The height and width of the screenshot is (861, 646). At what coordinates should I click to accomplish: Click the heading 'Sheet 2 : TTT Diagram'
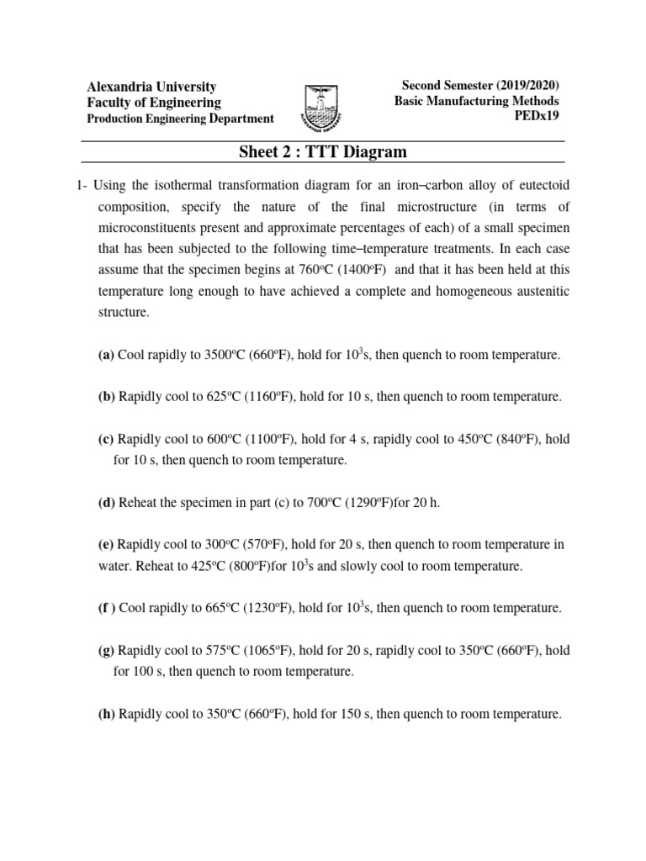(x=322, y=152)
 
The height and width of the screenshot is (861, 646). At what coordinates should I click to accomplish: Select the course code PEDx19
(x=537, y=116)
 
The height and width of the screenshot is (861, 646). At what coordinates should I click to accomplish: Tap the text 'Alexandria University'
(x=152, y=87)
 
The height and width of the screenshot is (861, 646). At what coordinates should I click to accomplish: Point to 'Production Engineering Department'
(x=181, y=119)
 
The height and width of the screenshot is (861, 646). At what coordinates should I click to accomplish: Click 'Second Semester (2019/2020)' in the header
(x=480, y=86)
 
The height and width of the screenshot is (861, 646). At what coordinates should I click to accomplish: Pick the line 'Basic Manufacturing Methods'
(x=477, y=101)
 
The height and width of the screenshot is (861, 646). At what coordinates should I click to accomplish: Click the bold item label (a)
(x=107, y=356)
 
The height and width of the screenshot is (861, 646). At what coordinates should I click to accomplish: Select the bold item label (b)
(x=107, y=396)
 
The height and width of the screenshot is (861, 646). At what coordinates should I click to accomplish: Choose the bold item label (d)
(x=107, y=503)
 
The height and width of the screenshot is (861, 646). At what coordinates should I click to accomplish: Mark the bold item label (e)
(x=107, y=545)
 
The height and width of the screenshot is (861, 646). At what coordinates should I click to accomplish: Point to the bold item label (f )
(x=108, y=608)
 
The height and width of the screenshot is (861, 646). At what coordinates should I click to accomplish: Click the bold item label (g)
(x=107, y=651)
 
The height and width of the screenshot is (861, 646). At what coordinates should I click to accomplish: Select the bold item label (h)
(x=107, y=715)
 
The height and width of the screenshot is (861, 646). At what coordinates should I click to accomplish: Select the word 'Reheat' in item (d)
(x=138, y=503)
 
